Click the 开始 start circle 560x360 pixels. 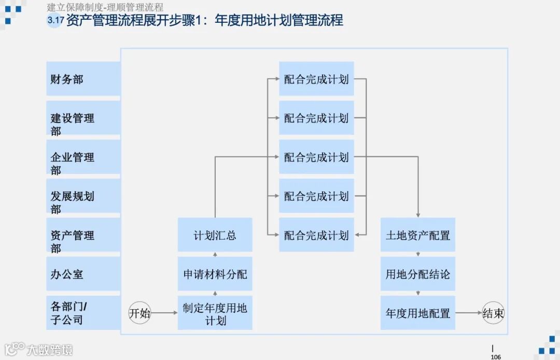tap(139, 313)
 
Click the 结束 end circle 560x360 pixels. tap(493, 313)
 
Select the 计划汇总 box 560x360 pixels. tap(215, 235)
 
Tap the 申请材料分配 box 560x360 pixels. tap(215, 274)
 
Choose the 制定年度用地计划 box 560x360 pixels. tap(215, 313)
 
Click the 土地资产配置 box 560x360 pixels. tap(417, 235)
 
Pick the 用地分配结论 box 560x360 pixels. tap(417, 274)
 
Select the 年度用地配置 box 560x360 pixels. tap(417, 313)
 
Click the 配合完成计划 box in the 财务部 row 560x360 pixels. tap(316, 79)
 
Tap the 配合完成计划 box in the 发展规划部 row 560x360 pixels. tap(316, 196)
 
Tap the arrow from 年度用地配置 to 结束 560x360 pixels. tap(469, 313)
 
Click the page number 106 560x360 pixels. tap(496, 356)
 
